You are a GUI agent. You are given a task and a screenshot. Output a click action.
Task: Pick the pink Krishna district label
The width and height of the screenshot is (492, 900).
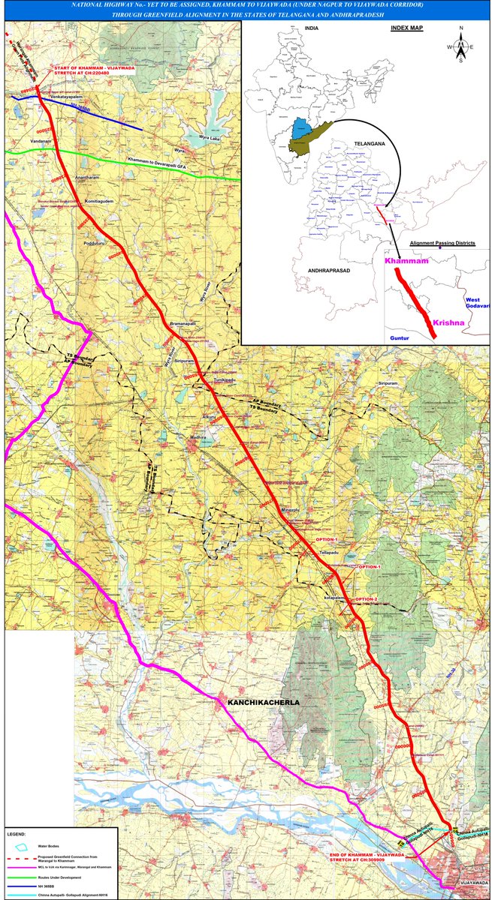[453, 322]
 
